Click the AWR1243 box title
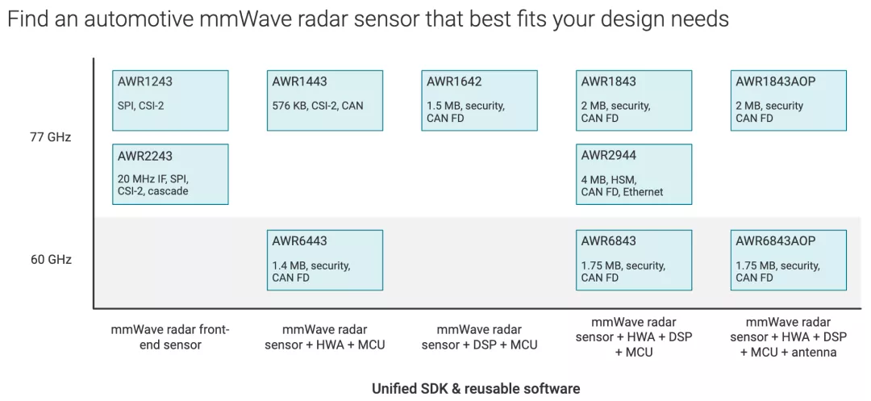coord(145,81)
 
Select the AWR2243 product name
coord(145,156)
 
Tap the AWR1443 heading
coord(299,81)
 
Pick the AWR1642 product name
coord(454,81)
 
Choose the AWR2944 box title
coord(609,156)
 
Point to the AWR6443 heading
coord(300,241)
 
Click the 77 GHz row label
coord(51,137)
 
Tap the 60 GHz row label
coord(51,260)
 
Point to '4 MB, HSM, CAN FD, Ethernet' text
coord(622,186)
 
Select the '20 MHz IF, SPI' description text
coord(153,179)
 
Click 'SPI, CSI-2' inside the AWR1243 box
coord(141,106)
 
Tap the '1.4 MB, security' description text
coord(310,265)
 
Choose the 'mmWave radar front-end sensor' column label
coord(170,337)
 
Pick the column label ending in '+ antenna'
coord(789,337)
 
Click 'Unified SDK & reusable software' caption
coord(476,389)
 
